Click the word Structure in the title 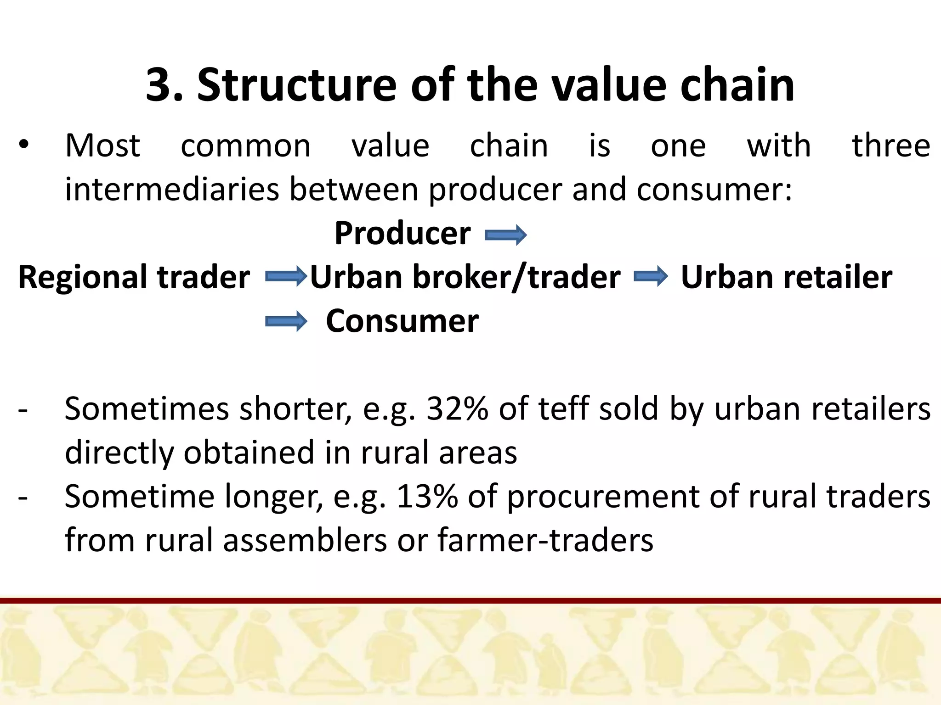[x=296, y=85]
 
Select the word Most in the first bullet [x=102, y=146]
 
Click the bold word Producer [x=402, y=233]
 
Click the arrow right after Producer [x=505, y=235]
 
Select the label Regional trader [x=134, y=277]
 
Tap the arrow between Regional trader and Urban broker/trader [x=285, y=276]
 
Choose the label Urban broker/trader [x=465, y=277]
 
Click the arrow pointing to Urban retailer [x=651, y=276]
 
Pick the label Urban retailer [x=786, y=277]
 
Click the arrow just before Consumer [x=286, y=321]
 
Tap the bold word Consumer [x=402, y=321]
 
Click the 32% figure [x=457, y=408]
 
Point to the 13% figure [x=427, y=496]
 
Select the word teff [x=564, y=408]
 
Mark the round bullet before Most [x=24, y=145]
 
